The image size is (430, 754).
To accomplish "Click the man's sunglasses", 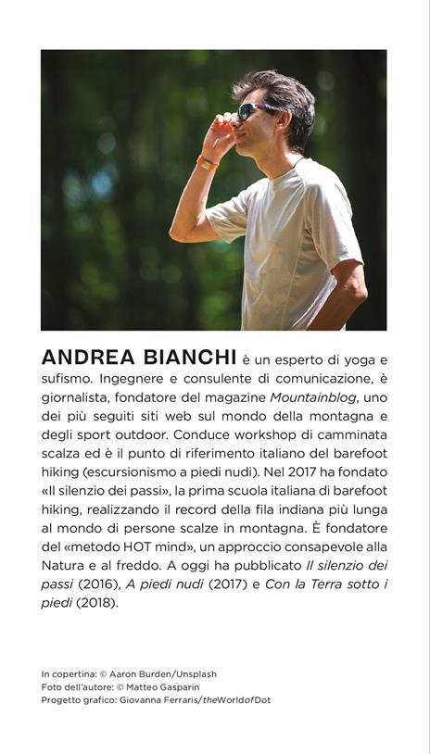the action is point(253,111).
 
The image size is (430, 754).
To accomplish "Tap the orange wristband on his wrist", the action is point(208,164).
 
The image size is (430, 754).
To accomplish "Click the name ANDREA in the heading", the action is point(85,358).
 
